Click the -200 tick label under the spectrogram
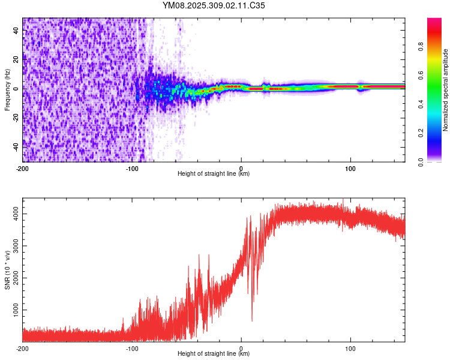pos(23,167)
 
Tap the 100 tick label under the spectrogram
pos(350,167)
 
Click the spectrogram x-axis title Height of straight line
pos(214,174)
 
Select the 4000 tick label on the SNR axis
pos(13,214)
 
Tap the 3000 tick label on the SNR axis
pos(13,245)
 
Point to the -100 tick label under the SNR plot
pos(132,348)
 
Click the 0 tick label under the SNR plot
pos(241,348)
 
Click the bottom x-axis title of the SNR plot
pos(214,355)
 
